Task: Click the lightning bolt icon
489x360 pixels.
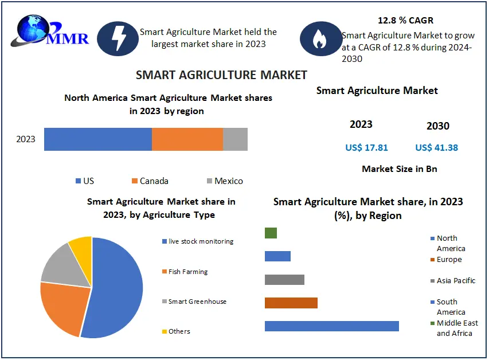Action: pyautogui.click(x=118, y=38)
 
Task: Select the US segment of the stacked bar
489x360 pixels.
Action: pyautogui.click(x=97, y=139)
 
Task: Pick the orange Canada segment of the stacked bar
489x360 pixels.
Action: pyautogui.click(x=187, y=139)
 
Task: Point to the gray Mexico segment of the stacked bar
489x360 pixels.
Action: pyautogui.click(x=235, y=139)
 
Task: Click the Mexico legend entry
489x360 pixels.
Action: pyautogui.click(x=225, y=181)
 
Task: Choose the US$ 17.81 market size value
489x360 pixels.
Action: pyautogui.click(x=366, y=148)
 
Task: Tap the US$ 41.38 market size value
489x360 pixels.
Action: pyautogui.click(x=437, y=148)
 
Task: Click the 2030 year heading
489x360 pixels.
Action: pyautogui.click(x=438, y=126)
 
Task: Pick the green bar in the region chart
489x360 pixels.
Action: pyautogui.click(x=271, y=233)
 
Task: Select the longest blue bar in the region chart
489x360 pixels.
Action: pyautogui.click(x=331, y=326)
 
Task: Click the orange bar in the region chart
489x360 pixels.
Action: pyautogui.click(x=291, y=303)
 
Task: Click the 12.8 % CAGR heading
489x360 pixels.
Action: pyautogui.click(x=405, y=21)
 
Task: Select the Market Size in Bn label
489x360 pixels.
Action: pyautogui.click(x=400, y=169)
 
